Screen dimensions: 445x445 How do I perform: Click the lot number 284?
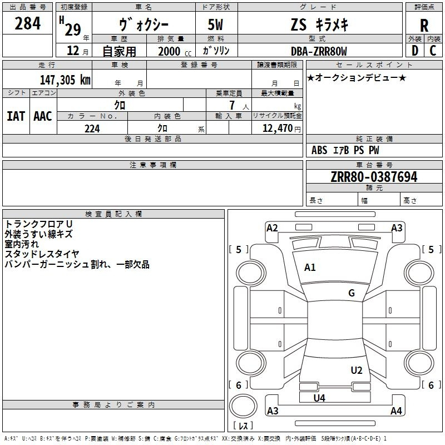[x=27, y=23]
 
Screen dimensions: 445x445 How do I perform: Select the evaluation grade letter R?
[x=424, y=26]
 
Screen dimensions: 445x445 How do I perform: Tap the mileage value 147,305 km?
[x=65, y=80]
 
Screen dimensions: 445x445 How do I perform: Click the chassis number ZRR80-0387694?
[x=374, y=177]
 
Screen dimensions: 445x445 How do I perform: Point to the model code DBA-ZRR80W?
[x=319, y=51]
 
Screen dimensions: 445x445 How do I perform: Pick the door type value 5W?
[x=215, y=24]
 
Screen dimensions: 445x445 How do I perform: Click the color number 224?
[x=92, y=128]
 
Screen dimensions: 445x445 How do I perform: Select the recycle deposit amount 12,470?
[x=277, y=128]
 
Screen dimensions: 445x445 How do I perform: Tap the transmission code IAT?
[x=16, y=116]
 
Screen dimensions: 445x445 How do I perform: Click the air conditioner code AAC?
[x=43, y=116]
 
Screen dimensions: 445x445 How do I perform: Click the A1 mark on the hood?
[x=310, y=268]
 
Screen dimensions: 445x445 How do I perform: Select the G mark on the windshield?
[x=352, y=293]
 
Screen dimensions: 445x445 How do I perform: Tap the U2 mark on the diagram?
[x=357, y=370]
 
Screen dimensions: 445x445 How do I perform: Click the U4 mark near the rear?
[x=319, y=398]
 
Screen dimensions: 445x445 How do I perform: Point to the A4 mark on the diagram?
[x=396, y=411]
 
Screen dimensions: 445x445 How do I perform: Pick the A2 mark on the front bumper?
[x=272, y=228]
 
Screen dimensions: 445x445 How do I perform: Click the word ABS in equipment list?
[x=319, y=150]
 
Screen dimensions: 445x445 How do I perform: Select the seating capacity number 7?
[x=233, y=105]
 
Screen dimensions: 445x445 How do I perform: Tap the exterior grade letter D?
[x=415, y=51]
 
